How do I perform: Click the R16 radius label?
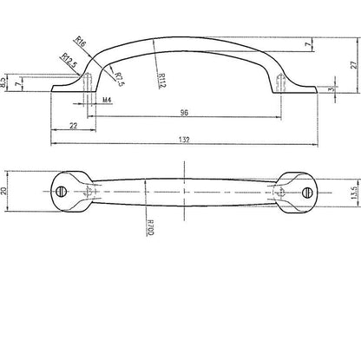(x=81, y=42)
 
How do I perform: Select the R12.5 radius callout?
(x=69, y=61)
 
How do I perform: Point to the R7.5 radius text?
(x=120, y=80)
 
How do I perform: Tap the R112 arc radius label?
(x=162, y=80)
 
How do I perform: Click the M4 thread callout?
(x=107, y=100)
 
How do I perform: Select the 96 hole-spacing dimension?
(x=184, y=113)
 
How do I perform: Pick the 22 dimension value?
(x=74, y=126)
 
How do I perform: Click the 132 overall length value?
(x=184, y=140)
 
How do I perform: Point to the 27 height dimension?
(x=354, y=65)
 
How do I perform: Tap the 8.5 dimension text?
(x=3, y=83)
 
